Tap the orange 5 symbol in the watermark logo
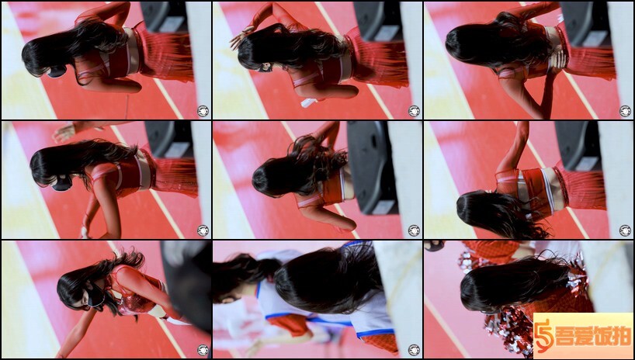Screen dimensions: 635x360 543,336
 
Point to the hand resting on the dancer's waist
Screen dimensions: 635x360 558,60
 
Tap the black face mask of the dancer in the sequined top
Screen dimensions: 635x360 96,299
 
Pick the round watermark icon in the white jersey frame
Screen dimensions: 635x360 414,350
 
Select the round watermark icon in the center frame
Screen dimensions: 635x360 414,230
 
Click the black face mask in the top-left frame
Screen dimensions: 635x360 57,71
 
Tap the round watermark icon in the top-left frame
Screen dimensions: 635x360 203,110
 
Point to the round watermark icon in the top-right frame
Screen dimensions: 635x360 625,110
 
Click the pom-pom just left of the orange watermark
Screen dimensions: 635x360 510,328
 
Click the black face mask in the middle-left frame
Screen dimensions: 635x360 62,183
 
